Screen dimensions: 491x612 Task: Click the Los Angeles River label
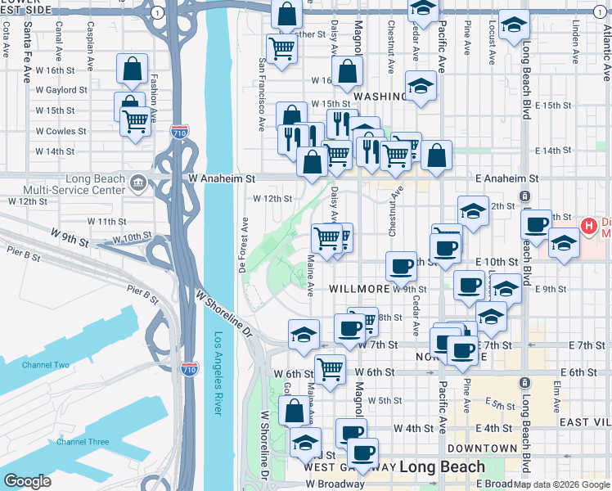point(218,372)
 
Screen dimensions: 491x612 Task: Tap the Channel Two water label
point(46,365)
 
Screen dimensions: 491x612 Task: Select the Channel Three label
point(83,442)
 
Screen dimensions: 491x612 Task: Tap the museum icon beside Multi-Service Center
point(137,182)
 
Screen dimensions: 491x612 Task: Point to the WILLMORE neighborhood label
point(358,289)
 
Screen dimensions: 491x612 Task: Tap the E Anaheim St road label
point(508,178)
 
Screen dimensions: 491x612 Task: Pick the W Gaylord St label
point(61,90)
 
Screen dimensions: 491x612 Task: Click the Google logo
point(28,481)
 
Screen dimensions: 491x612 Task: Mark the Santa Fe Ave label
point(27,51)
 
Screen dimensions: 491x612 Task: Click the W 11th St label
point(96,222)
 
